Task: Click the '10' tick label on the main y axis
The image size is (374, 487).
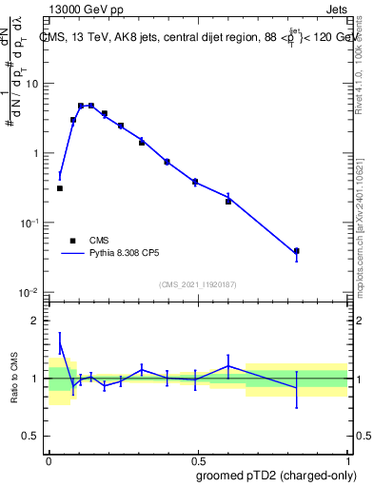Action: tap(31, 84)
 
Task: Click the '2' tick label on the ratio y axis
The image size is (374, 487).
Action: tap(36, 321)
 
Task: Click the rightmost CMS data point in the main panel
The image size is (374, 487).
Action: tap(297, 251)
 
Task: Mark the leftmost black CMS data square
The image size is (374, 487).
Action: tap(60, 188)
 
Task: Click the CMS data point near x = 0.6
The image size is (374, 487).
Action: tap(228, 201)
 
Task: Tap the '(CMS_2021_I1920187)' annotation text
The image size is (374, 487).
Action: tap(197, 284)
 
